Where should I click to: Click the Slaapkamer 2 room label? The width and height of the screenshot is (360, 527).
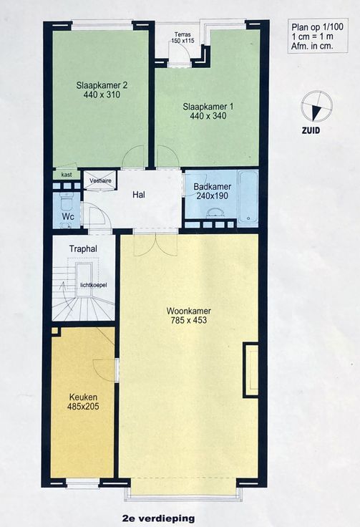pyautogui.click(x=98, y=85)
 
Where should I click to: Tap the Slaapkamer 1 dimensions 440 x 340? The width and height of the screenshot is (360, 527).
pyautogui.click(x=208, y=116)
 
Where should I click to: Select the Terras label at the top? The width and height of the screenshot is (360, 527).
pyautogui.click(x=183, y=34)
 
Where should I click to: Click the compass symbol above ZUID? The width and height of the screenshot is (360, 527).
pyautogui.click(x=316, y=106)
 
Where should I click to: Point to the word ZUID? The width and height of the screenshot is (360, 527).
pyautogui.click(x=311, y=130)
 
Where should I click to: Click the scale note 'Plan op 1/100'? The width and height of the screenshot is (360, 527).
pyautogui.click(x=317, y=27)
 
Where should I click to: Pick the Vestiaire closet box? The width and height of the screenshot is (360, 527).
pyautogui.click(x=99, y=181)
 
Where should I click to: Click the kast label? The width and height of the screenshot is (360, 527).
pyautogui.click(x=67, y=175)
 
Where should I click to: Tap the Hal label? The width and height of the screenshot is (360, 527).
pyautogui.click(x=139, y=195)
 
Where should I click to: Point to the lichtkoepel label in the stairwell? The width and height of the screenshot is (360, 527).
pyautogui.click(x=94, y=285)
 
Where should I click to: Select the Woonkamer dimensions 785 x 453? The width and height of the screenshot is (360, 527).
pyautogui.click(x=189, y=320)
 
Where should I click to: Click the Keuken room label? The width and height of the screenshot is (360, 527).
pyautogui.click(x=83, y=397)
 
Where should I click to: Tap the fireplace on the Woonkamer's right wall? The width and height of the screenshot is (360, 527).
pyautogui.click(x=251, y=370)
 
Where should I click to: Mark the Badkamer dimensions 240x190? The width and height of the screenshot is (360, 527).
pyautogui.click(x=210, y=196)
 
